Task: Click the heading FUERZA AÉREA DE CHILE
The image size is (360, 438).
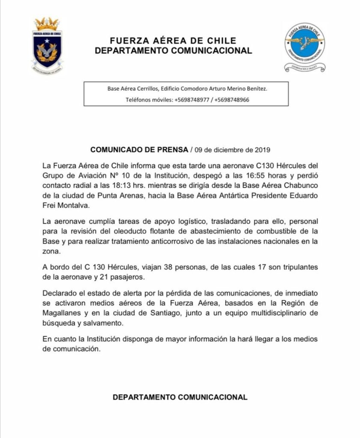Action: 173,41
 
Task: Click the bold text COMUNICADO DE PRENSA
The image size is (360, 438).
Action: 139,150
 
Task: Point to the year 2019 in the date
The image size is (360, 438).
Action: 262,150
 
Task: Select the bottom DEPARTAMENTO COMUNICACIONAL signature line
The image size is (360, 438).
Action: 180,397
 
